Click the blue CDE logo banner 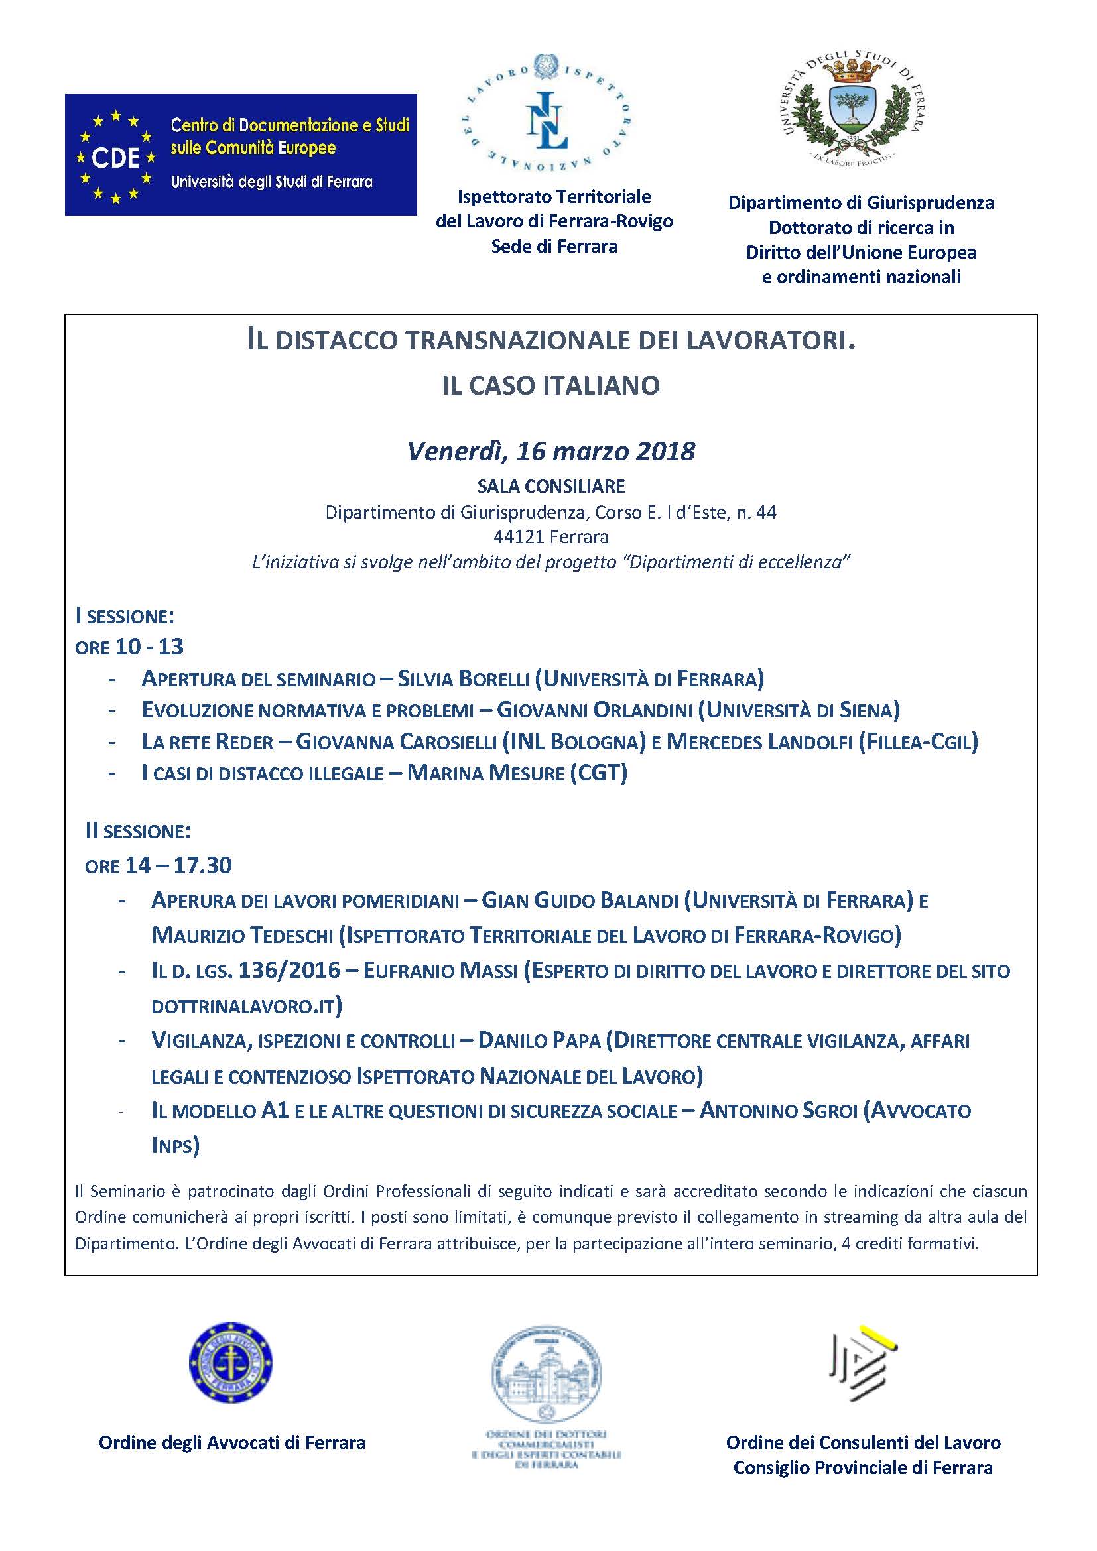point(241,155)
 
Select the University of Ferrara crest point(854,109)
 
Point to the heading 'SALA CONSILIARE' point(550,485)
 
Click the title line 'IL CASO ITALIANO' point(550,386)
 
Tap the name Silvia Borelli point(463,678)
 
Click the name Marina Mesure point(485,773)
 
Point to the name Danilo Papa point(539,1041)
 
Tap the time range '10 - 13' point(149,647)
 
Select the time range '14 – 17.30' point(178,865)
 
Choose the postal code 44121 point(519,537)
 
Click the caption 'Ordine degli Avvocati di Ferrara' point(231,1443)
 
